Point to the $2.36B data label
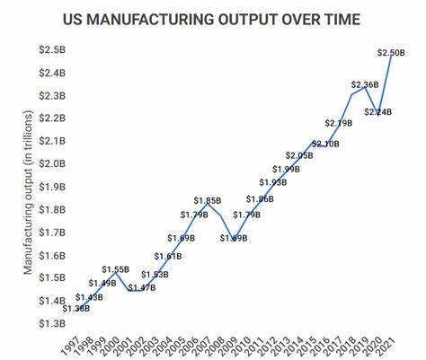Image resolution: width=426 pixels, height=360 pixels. tap(366, 85)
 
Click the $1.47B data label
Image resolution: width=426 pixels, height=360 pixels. tap(142, 288)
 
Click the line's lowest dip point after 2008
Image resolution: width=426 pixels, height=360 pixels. tap(234, 240)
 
